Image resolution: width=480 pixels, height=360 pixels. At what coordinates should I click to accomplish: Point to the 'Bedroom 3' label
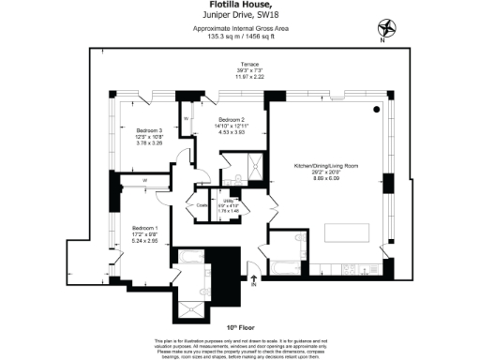(x=149, y=130)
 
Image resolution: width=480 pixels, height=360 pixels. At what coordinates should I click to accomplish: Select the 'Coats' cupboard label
(x=200, y=206)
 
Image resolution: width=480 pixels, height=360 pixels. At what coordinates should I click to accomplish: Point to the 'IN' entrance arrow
(x=252, y=280)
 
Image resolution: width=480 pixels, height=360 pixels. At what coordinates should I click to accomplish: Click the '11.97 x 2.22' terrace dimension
(x=248, y=77)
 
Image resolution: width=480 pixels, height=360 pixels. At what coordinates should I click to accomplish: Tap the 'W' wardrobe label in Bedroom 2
(x=187, y=120)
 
